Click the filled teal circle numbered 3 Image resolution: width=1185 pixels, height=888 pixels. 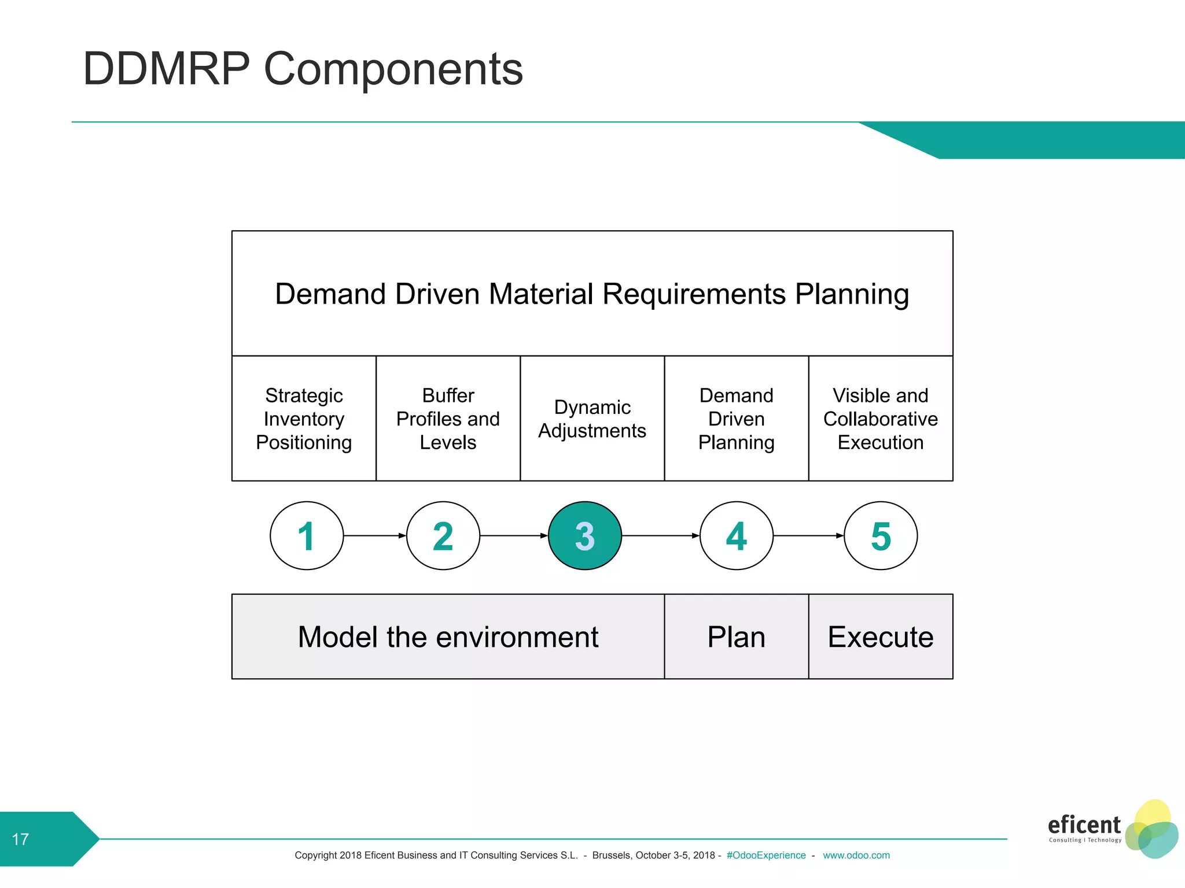tap(584, 535)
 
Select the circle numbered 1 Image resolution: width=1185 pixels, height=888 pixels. tap(307, 535)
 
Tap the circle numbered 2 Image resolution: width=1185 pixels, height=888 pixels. tap(443, 535)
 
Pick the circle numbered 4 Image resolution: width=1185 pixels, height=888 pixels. tap(736, 535)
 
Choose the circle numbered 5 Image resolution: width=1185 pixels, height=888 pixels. tap(881, 535)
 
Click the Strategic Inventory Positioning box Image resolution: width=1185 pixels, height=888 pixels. tap(304, 419)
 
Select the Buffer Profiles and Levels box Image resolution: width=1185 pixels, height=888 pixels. tap(448, 419)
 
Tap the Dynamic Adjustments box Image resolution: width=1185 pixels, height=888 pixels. tap(592, 419)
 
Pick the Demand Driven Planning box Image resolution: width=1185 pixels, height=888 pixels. tap(736, 419)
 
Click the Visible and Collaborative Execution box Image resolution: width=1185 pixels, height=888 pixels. tap(880, 419)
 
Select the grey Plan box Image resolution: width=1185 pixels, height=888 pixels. tap(736, 637)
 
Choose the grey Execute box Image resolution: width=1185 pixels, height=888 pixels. tap(880, 637)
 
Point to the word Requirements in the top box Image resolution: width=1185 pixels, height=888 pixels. tap(694, 294)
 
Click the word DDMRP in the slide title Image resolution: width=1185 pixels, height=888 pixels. tap(167, 69)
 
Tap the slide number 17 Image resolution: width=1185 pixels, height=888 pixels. tap(20, 839)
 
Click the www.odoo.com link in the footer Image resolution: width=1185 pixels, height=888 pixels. tap(856, 855)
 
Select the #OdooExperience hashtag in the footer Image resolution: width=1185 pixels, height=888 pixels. tap(766, 855)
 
